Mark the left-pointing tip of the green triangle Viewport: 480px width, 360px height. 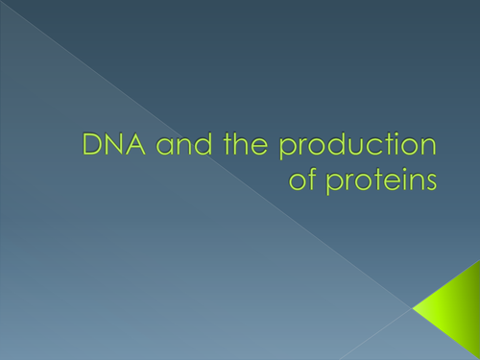[415, 307]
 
